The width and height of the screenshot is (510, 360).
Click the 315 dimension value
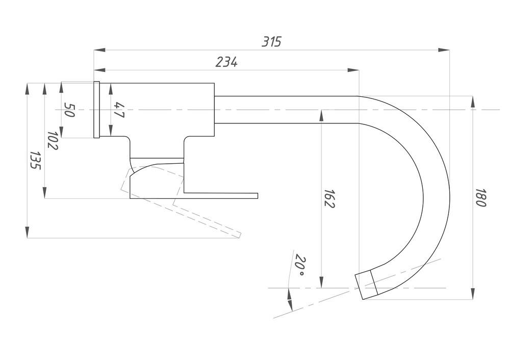pos(271,42)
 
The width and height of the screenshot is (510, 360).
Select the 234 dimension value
pos(227,62)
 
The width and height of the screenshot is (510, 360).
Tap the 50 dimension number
pos(69,110)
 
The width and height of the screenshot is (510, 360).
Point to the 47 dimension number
pos(119,110)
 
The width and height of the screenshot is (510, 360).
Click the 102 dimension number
pos(53,141)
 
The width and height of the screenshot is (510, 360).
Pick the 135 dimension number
pos(35,160)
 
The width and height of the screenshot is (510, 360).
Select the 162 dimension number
pos(329,198)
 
